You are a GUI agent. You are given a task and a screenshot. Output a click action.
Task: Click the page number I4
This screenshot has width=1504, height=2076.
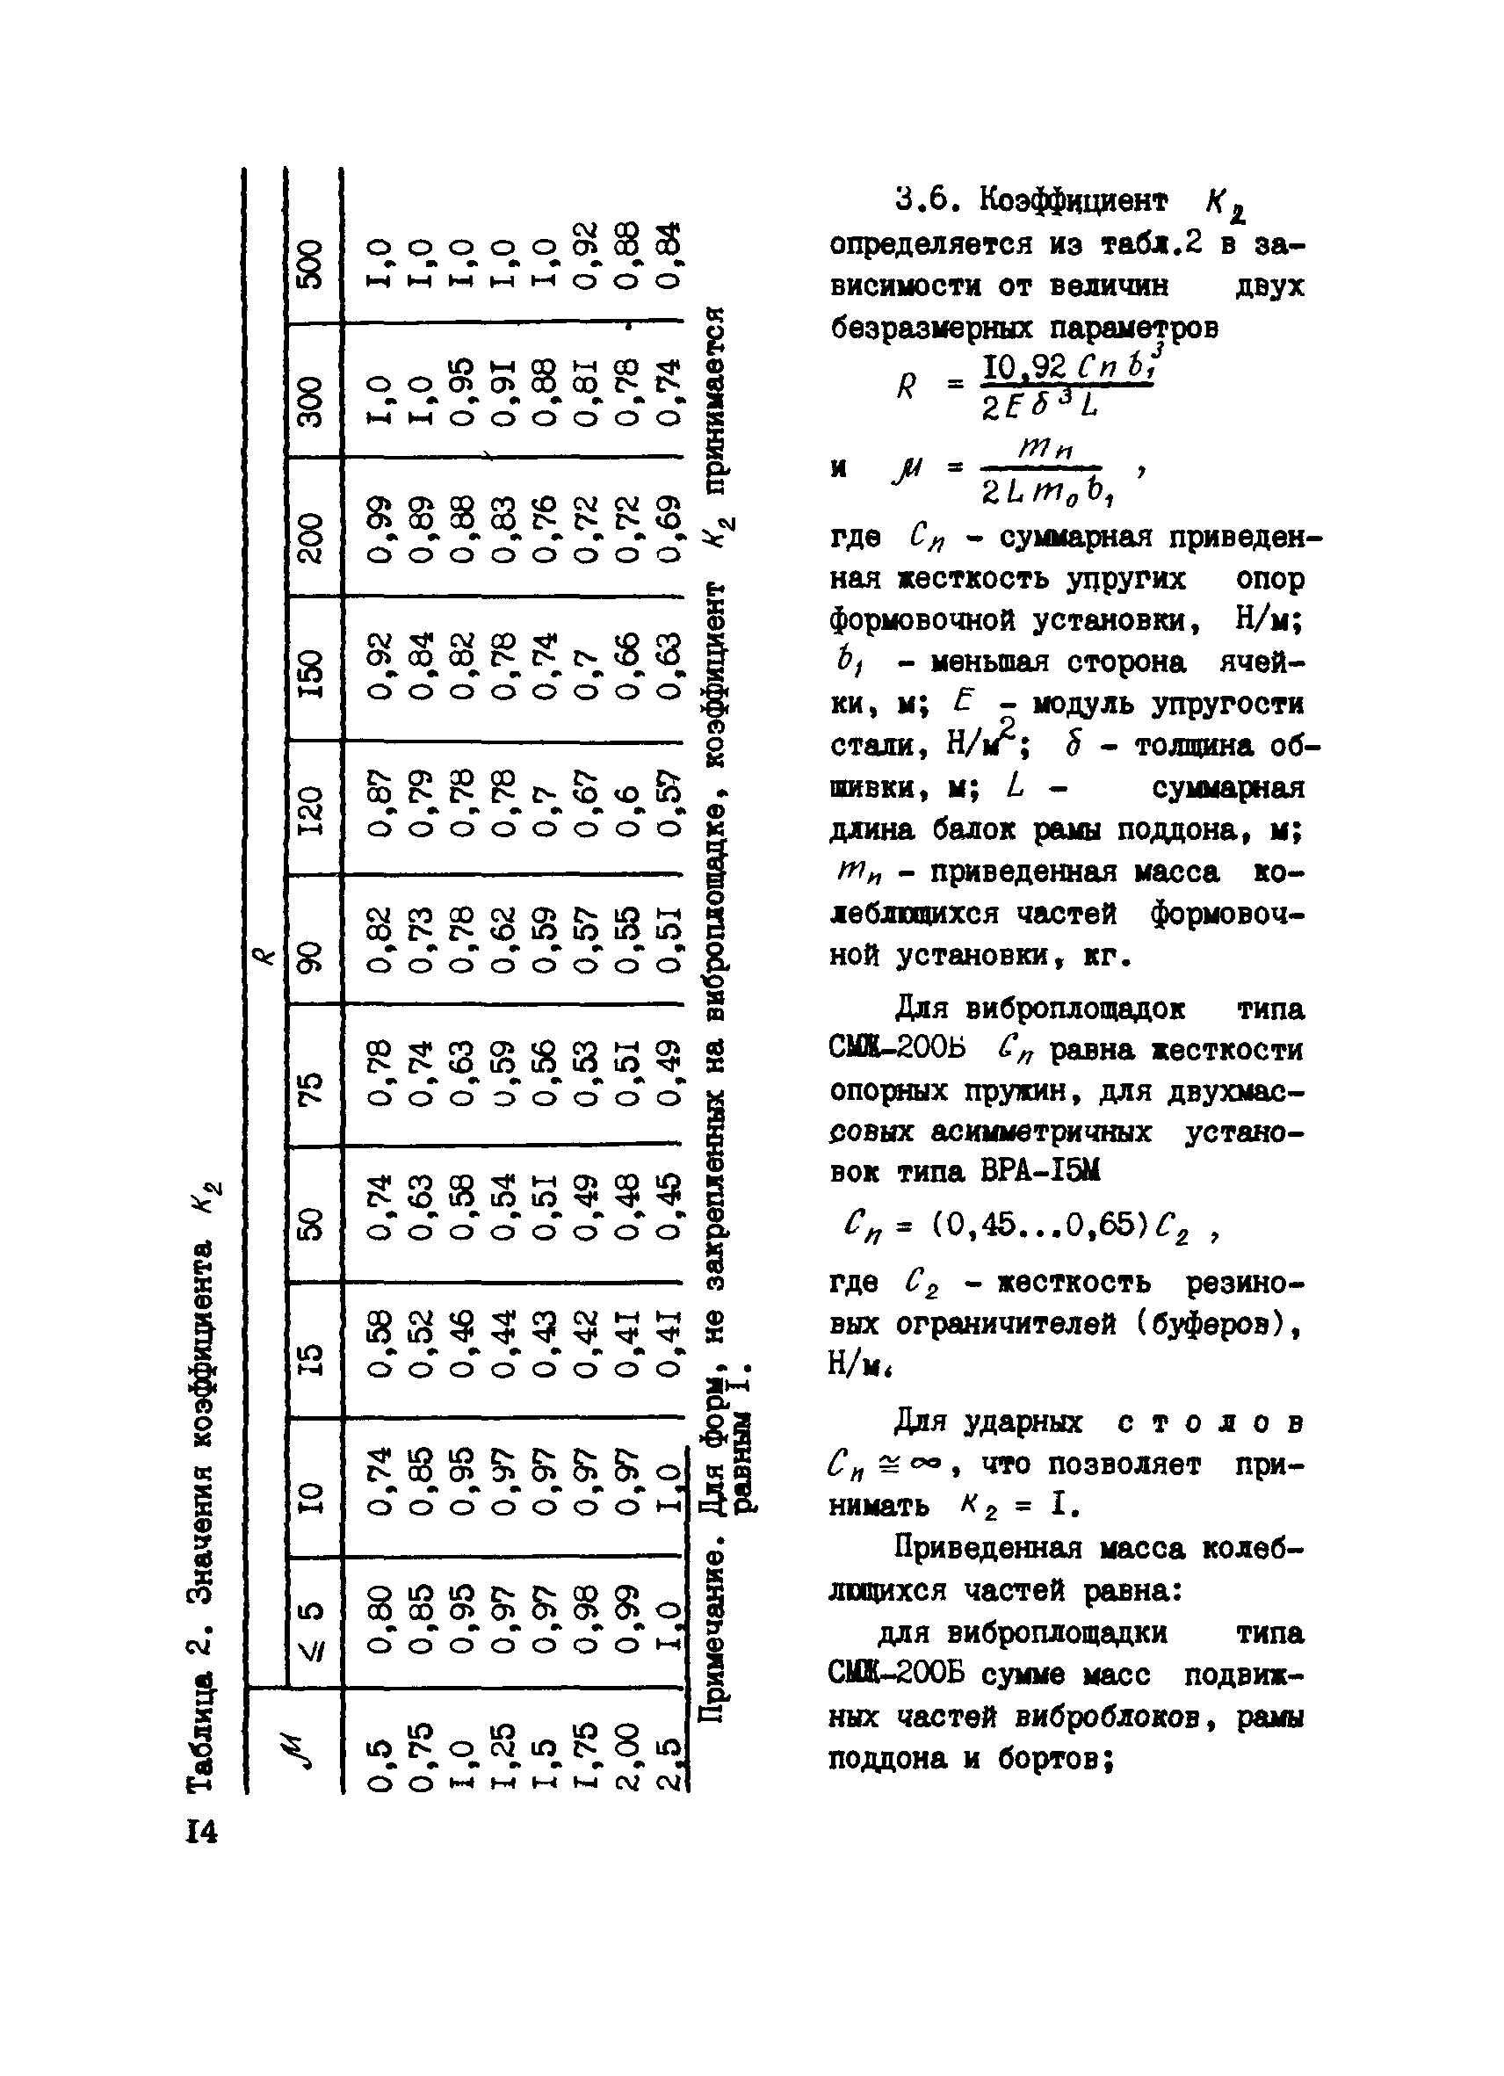click(201, 1833)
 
